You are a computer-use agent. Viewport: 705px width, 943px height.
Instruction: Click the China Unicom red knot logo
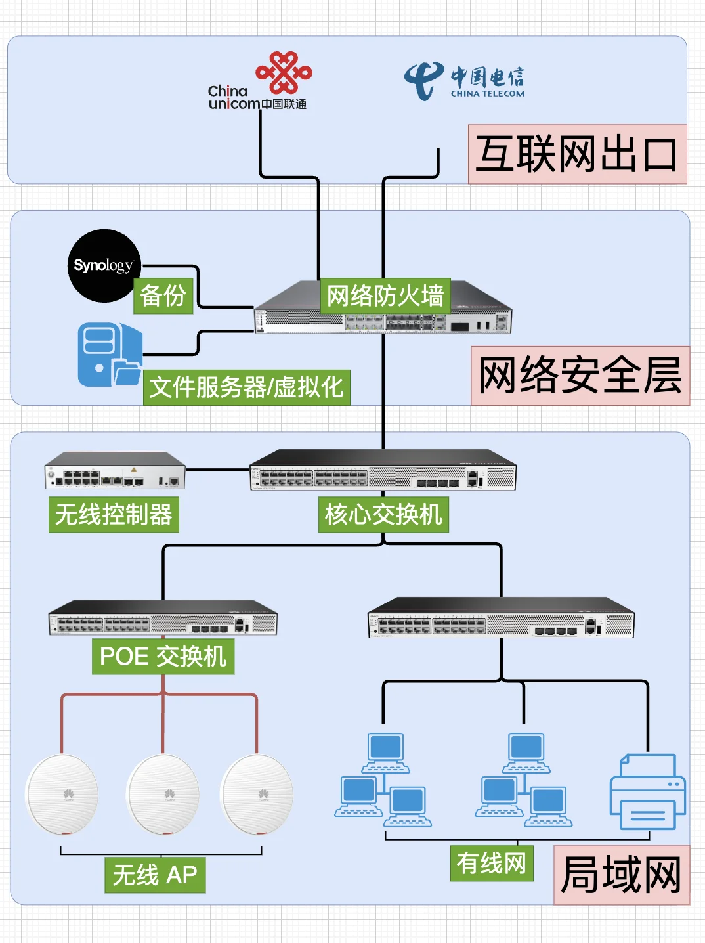point(284,72)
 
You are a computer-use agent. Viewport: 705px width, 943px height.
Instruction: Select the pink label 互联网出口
point(576,154)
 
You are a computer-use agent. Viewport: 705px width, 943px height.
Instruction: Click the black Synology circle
point(104,265)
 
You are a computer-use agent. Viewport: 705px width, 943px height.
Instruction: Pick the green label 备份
point(163,296)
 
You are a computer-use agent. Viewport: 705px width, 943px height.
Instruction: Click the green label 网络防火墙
point(385,296)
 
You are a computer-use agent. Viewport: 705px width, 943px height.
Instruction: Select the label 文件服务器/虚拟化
point(246,387)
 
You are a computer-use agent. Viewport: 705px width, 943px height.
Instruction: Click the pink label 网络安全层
point(580,376)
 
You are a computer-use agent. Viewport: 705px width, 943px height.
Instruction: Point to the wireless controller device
point(115,471)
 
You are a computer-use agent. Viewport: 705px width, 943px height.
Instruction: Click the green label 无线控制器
point(114,514)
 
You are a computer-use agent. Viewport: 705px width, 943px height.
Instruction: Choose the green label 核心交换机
point(383,514)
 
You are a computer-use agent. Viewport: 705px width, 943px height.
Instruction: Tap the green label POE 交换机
point(163,656)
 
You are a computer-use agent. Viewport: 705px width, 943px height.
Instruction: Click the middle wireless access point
point(163,795)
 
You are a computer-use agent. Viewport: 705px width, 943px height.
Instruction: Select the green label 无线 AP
point(155,875)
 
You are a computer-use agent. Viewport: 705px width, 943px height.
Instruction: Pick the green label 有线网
point(491,863)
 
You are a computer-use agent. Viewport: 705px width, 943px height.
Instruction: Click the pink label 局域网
point(621,875)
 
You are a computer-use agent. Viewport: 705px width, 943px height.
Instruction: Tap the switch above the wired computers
point(501,618)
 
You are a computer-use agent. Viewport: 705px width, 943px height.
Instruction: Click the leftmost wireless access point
point(62,795)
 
